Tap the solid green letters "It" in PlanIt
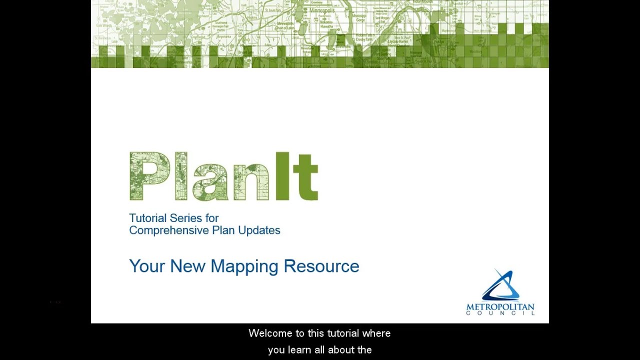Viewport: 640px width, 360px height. point(296,176)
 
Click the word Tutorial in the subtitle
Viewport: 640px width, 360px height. point(147,218)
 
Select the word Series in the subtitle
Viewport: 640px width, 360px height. point(185,218)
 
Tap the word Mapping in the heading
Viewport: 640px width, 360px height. point(244,266)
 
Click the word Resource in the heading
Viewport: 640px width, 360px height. point(321,266)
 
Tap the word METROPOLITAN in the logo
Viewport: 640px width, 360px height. point(500,306)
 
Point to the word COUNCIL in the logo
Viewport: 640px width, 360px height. point(500,313)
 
